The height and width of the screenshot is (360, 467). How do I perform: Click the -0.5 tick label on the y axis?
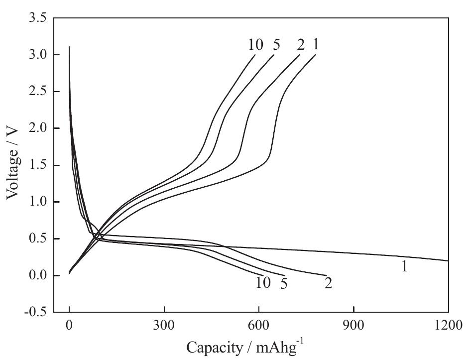(35, 312)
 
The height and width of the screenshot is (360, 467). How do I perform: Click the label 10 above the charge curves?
(256, 44)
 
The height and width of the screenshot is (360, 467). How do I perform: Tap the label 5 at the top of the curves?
(276, 44)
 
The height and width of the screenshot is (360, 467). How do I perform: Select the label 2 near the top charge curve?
(300, 44)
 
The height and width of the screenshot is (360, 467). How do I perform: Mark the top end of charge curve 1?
(316, 55)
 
